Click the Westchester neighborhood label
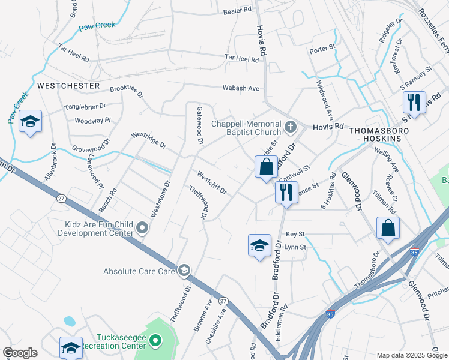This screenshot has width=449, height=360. tap(68, 86)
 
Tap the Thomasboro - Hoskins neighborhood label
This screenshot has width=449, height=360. tap(379, 134)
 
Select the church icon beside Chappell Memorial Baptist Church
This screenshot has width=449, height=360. tap(291, 127)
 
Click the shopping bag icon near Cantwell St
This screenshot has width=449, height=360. tap(266, 167)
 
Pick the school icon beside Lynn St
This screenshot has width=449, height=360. tap(259, 245)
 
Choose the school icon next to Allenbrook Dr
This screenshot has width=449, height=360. tap(30, 122)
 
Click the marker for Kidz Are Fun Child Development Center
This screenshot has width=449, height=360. tap(142, 227)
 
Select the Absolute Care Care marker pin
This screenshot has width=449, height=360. tap(184, 271)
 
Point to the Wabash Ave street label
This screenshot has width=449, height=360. tap(241, 88)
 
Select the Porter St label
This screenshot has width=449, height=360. tap(321, 50)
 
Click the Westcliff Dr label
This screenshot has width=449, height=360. tap(212, 182)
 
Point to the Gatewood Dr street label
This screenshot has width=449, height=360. tap(200, 125)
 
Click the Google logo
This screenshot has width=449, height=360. tap(20, 353)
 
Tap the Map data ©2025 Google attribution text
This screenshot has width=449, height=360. tap(411, 355)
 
